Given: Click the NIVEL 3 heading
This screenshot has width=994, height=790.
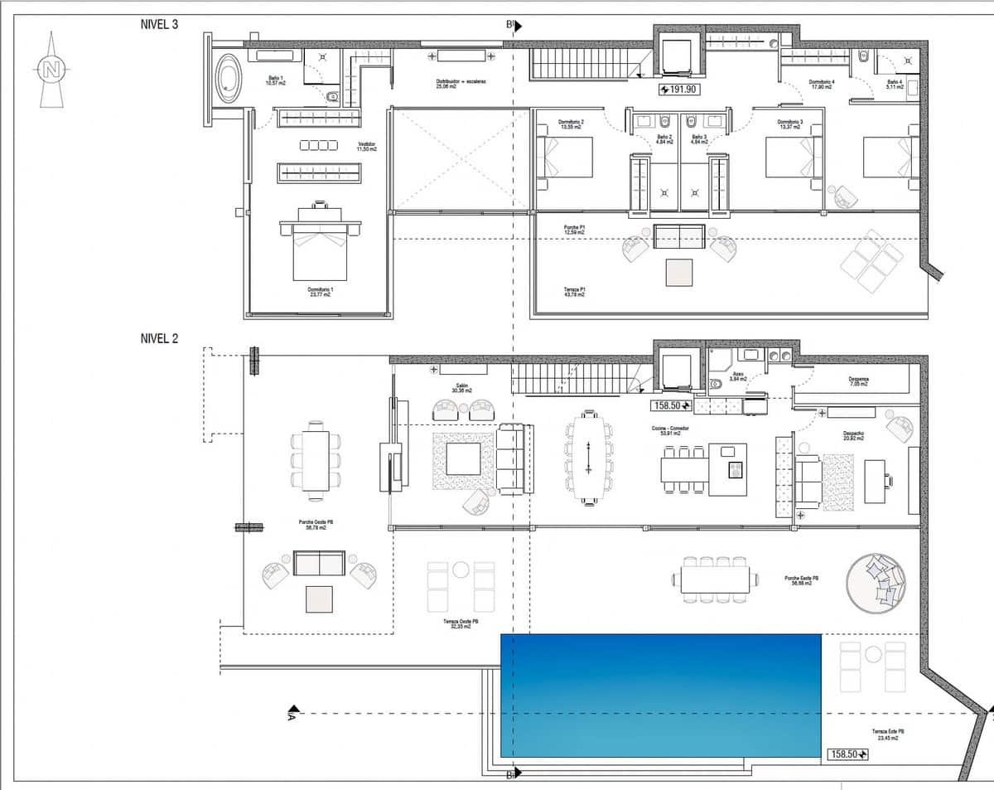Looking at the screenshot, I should point(160,24).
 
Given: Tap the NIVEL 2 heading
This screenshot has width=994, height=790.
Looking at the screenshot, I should point(160,338).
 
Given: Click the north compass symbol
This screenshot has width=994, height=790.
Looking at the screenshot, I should point(51,70).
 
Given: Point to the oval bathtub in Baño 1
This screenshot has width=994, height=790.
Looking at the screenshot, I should point(227,80).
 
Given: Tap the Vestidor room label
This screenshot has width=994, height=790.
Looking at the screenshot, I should point(367,147).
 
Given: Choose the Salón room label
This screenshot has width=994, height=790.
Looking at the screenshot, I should point(461,387).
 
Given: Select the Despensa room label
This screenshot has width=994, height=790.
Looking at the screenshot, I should point(859,382).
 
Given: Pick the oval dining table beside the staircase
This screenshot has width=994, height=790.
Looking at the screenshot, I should point(587,457).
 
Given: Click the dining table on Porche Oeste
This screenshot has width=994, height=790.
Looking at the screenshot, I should point(314,460).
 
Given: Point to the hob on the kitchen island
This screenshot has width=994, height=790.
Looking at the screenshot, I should point(735,471).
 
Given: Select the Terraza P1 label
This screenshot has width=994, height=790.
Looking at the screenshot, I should point(572,291).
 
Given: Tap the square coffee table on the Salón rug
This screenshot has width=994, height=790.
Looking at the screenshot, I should point(463,458).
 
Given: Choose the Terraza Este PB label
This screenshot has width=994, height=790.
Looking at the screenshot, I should point(888,733).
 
